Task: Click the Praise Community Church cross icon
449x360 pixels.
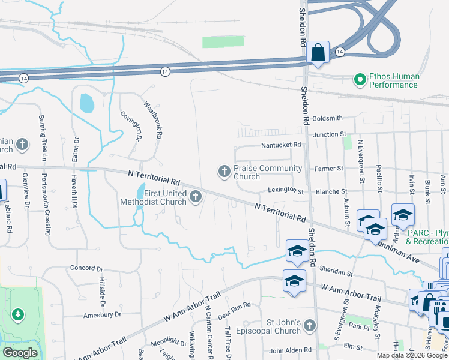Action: [224, 172]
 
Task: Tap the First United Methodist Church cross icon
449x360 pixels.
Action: [196, 197]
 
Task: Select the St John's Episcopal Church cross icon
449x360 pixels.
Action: [309, 326]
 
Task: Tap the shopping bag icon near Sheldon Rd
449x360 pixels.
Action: [318, 52]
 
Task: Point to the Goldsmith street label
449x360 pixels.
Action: [327, 119]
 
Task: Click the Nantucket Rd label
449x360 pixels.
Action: [280, 145]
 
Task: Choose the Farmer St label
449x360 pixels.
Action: [328, 169]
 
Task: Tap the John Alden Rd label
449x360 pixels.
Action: [291, 350]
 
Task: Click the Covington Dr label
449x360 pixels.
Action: [130, 126]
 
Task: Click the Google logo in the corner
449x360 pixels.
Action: [20, 353]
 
